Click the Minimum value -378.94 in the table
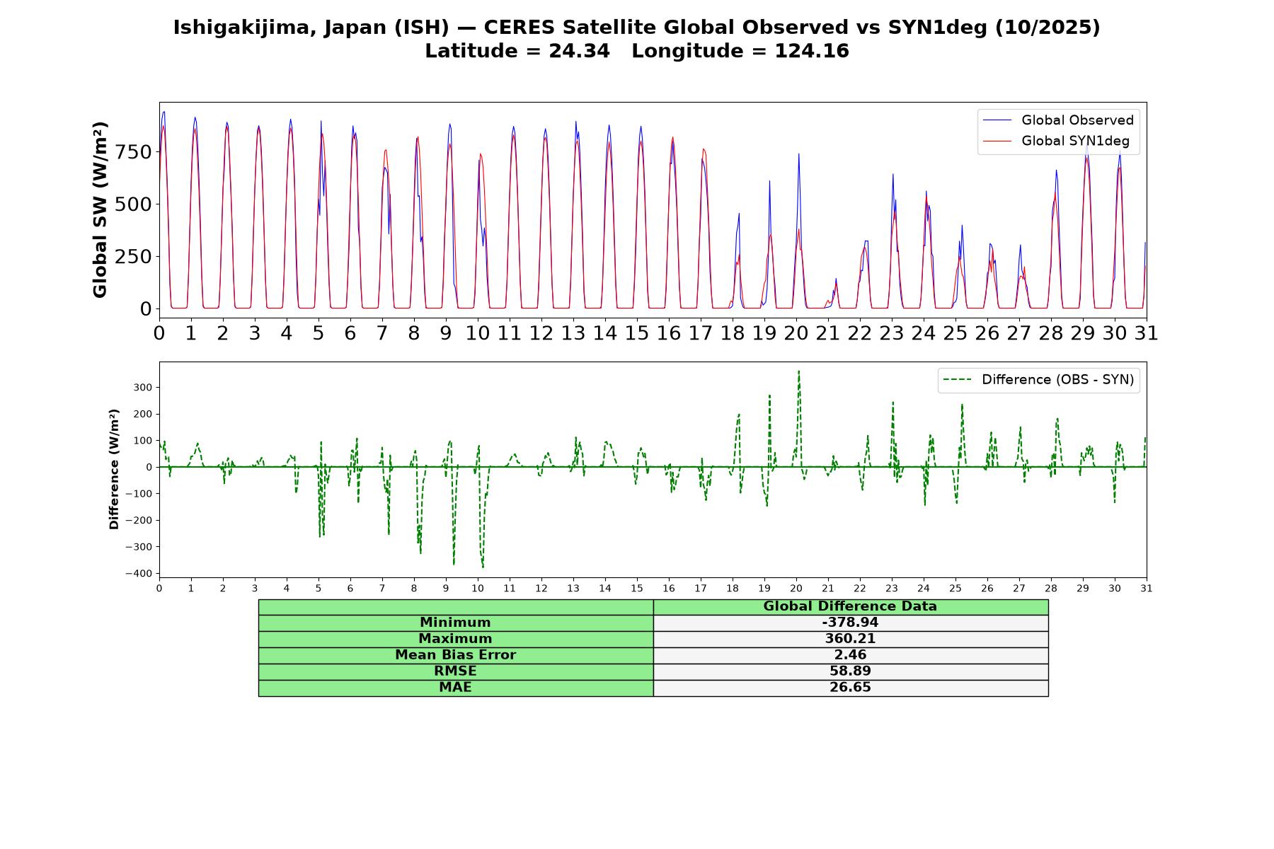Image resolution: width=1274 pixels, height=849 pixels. pyautogui.click(x=850, y=623)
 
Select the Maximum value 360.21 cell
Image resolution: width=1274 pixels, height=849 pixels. pyautogui.click(x=850, y=639)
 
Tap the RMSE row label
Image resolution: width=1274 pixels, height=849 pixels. pyautogui.click(x=456, y=671)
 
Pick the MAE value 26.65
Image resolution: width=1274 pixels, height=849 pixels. pyautogui.click(x=850, y=688)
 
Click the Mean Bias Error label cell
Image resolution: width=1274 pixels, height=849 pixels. pyautogui.click(x=456, y=655)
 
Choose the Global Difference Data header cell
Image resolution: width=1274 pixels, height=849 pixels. pyautogui.click(x=850, y=607)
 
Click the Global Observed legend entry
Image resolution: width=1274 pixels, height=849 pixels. pyautogui.click(x=1059, y=120)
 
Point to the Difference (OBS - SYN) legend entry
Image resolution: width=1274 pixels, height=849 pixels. pyautogui.click(x=1039, y=380)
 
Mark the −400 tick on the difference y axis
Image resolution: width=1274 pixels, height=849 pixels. pyautogui.click(x=139, y=573)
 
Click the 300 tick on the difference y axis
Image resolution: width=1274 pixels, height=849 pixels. pyautogui.click(x=143, y=388)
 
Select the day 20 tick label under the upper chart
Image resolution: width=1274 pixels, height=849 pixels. pyautogui.click(x=796, y=333)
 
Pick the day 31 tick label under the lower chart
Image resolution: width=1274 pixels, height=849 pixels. pyautogui.click(x=1147, y=588)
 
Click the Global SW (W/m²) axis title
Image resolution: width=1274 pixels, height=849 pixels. pyautogui.click(x=100, y=209)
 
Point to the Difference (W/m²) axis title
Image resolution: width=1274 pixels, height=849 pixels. pyautogui.click(x=114, y=469)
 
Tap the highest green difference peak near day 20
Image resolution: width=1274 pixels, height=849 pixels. pyautogui.click(x=798, y=371)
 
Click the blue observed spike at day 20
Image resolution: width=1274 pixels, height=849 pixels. pyautogui.click(x=798, y=154)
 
